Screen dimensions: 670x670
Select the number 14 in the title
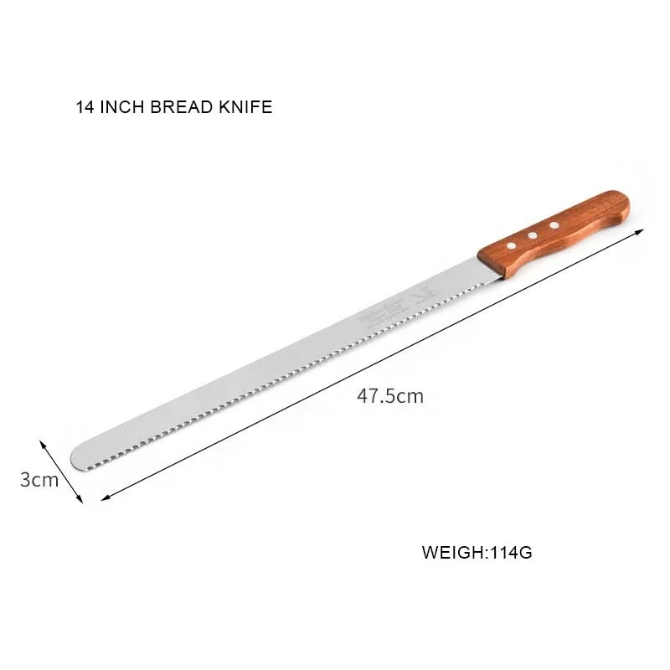coord(85,108)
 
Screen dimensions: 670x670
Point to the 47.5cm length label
coord(390,396)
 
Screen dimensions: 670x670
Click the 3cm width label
coord(39,480)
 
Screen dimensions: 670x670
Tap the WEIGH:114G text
coord(477,553)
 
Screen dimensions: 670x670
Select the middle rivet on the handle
coord(532,235)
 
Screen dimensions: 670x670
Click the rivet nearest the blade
coord(510,245)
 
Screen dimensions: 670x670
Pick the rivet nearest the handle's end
coord(554,225)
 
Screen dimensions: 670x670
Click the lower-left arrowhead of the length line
coord(104,499)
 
